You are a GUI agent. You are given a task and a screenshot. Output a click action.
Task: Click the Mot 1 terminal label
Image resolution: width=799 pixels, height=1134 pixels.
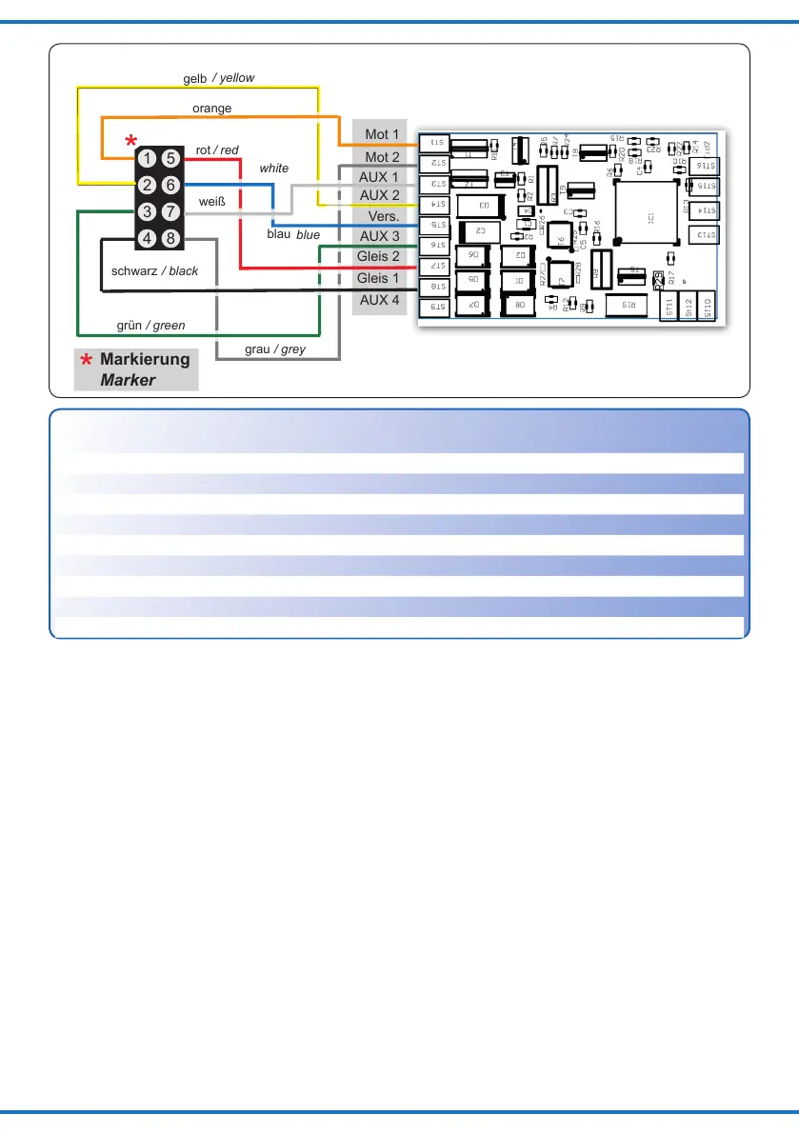[x=382, y=135]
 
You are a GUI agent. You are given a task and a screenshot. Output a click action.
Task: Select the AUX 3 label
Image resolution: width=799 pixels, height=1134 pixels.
[x=379, y=235]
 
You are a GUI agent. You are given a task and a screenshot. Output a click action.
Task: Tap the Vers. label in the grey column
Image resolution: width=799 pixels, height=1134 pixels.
[x=382, y=215]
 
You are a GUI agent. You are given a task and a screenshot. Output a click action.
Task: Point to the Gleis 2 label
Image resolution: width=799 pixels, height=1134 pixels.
[x=378, y=257]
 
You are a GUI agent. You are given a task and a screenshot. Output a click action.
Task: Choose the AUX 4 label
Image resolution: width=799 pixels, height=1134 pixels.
[x=379, y=300]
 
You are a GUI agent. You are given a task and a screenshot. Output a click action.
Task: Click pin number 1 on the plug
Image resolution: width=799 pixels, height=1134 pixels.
[x=148, y=158]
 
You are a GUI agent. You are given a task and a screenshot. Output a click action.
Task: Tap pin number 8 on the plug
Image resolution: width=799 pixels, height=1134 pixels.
[x=170, y=238]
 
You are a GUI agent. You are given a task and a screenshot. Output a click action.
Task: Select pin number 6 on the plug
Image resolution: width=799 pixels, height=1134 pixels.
[x=170, y=185]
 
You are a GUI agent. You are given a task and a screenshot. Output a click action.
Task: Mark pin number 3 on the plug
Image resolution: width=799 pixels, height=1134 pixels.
[x=148, y=211]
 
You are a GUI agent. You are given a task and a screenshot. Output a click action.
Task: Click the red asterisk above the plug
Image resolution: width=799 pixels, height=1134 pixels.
[x=130, y=142]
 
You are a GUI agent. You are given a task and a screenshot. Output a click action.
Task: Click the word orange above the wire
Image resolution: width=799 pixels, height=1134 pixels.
[x=211, y=109]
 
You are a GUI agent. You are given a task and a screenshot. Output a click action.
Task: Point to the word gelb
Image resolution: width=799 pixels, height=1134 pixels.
[x=194, y=78]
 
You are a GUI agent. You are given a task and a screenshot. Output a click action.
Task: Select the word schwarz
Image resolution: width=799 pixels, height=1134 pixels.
[x=134, y=271]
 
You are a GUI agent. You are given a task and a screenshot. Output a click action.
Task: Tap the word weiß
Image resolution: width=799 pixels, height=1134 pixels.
[x=210, y=202]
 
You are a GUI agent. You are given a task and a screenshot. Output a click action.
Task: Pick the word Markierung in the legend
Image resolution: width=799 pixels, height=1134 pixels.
[x=145, y=360]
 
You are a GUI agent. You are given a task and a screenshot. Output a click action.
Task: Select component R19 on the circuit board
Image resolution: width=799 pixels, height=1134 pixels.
[x=629, y=305]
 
